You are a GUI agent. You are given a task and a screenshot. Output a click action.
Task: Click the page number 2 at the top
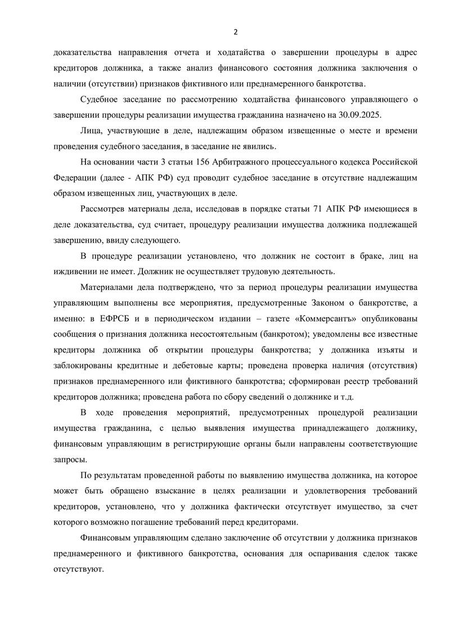click(236, 30)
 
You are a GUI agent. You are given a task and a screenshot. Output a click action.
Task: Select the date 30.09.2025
click(360, 115)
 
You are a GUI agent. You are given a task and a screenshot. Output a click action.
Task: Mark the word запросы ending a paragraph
click(70, 460)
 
